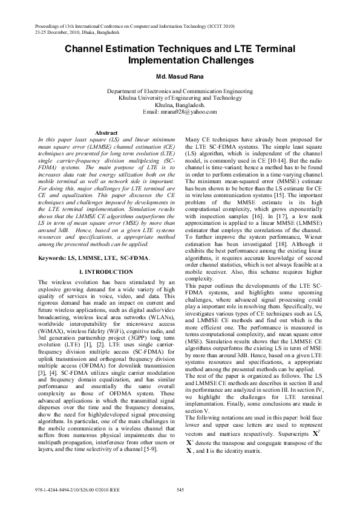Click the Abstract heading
[x=106, y=132]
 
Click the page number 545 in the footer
[x=180, y=488]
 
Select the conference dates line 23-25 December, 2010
[x=61, y=34]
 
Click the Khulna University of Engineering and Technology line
[x=180, y=97]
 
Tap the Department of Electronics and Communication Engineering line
[x=180, y=91]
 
